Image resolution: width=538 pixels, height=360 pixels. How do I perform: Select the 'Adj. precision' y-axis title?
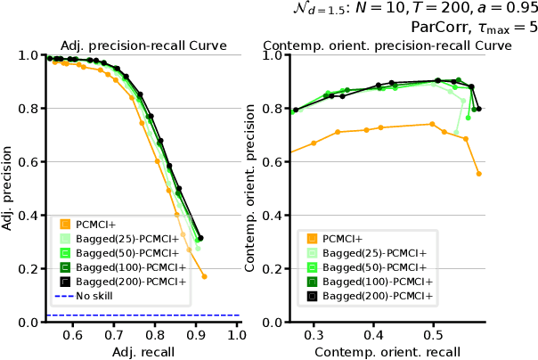[x=8, y=188]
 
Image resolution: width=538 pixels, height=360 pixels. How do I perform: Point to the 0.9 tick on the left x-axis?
[x=196, y=335]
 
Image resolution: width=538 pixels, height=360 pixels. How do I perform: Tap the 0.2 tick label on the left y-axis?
[x=29, y=269]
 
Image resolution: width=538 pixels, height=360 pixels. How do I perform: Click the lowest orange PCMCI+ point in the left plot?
[x=204, y=276]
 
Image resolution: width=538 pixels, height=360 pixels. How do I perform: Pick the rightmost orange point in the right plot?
[x=478, y=174]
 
